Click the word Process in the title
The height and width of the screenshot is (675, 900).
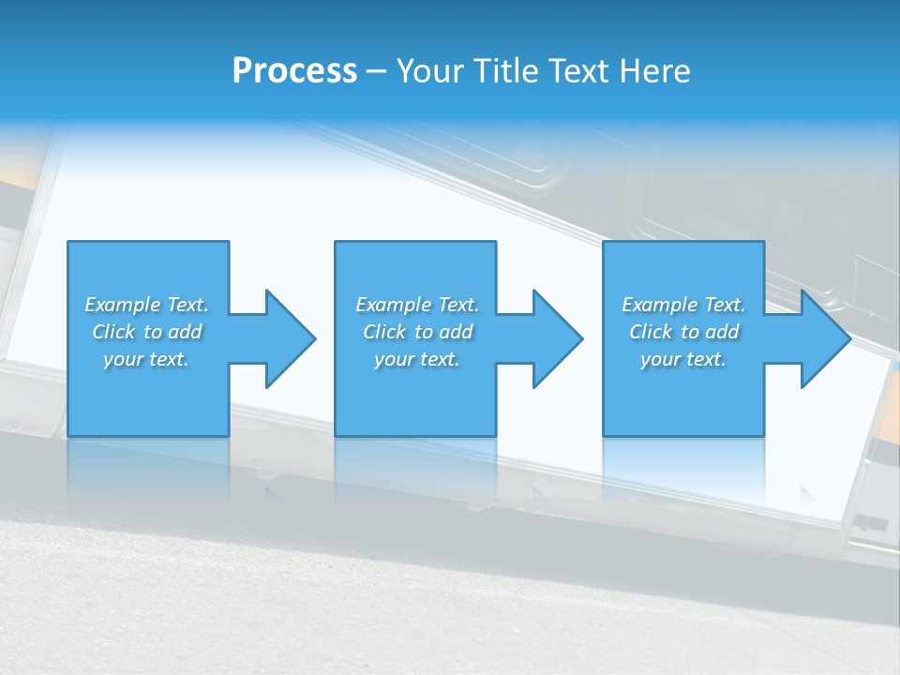pyautogui.click(x=294, y=71)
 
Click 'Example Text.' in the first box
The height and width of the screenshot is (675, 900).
pyautogui.click(x=146, y=305)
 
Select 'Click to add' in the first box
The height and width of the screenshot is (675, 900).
pyautogui.click(x=146, y=332)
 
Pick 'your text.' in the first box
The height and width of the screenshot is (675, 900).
pyautogui.click(x=146, y=359)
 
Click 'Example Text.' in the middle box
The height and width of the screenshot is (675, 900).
pyautogui.click(x=417, y=305)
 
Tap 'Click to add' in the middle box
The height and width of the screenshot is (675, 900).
pyautogui.click(x=417, y=332)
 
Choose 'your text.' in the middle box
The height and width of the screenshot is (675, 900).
pyautogui.click(x=417, y=359)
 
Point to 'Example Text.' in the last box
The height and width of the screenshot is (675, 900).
pyautogui.click(x=683, y=305)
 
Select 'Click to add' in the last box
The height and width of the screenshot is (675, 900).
pyautogui.click(x=683, y=332)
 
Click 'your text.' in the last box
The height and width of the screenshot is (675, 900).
pyautogui.click(x=683, y=359)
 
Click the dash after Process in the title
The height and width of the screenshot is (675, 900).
pyautogui.click(x=377, y=72)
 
